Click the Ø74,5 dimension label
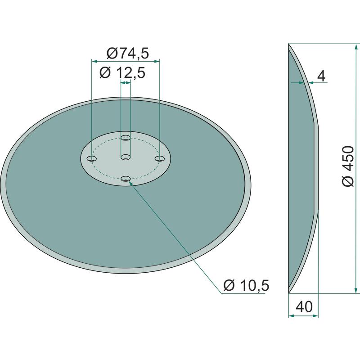click(x=128, y=54)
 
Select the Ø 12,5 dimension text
click(x=122, y=73)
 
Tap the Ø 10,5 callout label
click(x=246, y=286)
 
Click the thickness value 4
click(x=322, y=76)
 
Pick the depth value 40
click(x=304, y=306)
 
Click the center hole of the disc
click(x=126, y=157)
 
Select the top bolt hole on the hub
click(x=126, y=138)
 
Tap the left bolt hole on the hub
click(x=92, y=159)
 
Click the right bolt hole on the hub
click(x=160, y=158)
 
